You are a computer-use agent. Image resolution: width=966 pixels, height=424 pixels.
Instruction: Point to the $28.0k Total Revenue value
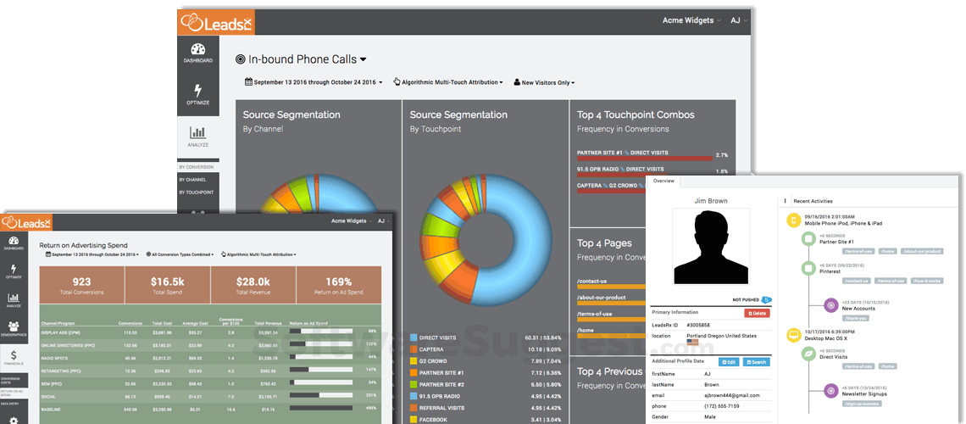click(x=253, y=282)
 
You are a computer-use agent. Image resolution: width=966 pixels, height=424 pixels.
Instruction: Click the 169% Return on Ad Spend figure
click(x=338, y=282)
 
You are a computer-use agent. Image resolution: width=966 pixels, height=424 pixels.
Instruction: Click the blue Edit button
click(x=729, y=362)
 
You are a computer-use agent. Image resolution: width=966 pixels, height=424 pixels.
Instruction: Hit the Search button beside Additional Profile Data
click(x=756, y=362)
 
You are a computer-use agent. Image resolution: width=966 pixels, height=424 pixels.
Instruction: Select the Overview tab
click(x=663, y=181)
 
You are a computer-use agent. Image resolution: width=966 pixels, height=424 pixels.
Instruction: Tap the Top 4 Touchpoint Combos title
click(x=636, y=114)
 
